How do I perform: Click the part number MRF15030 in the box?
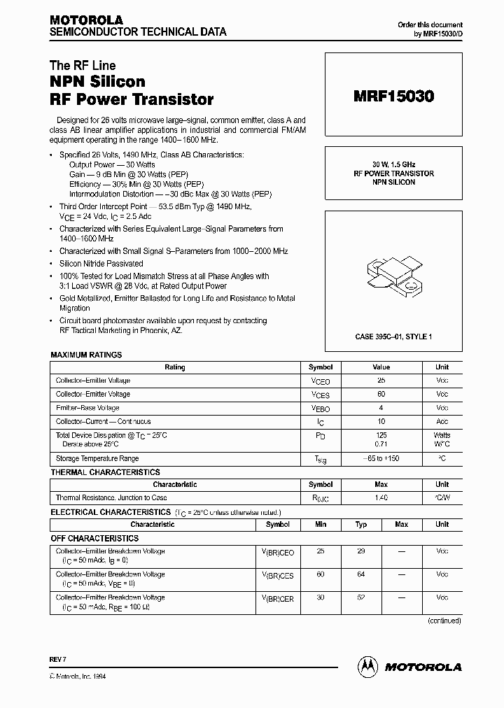click(x=393, y=98)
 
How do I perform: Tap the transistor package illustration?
click(x=393, y=275)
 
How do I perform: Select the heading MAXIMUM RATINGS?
click(x=86, y=355)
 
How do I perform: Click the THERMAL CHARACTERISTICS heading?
click(x=105, y=472)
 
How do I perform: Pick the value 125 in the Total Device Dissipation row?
click(x=381, y=435)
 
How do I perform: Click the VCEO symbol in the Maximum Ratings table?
click(x=320, y=381)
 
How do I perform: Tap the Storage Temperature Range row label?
click(x=97, y=459)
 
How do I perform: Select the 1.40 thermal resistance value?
click(x=381, y=498)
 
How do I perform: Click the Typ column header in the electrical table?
click(x=361, y=524)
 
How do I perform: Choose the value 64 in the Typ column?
click(x=361, y=574)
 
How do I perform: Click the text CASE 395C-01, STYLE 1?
click(x=393, y=337)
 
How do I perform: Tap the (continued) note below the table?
click(x=444, y=621)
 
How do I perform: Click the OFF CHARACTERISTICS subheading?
click(x=94, y=538)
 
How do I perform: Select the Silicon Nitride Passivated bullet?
click(x=101, y=264)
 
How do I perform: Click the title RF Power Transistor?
click(x=132, y=99)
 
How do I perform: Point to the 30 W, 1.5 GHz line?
click(x=393, y=164)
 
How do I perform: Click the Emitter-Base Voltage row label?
click(x=87, y=408)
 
